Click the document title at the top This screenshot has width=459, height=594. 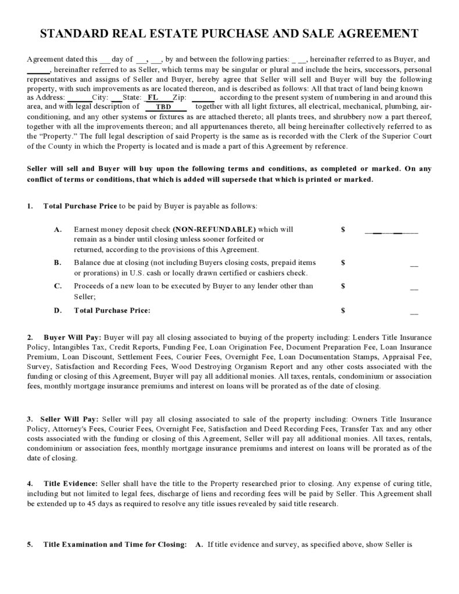click(229, 34)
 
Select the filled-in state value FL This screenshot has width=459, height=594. click(153, 98)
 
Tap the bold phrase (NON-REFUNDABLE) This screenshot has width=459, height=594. click(214, 230)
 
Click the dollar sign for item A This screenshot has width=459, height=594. click(343, 230)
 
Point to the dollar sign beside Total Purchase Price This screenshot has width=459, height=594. click(343, 310)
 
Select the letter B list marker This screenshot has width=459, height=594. click(58, 263)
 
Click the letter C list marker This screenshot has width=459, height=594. click(58, 286)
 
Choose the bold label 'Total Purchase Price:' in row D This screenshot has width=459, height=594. click(112, 310)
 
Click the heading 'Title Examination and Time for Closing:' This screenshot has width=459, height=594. click(115, 545)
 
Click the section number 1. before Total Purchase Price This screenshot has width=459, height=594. click(30, 206)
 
